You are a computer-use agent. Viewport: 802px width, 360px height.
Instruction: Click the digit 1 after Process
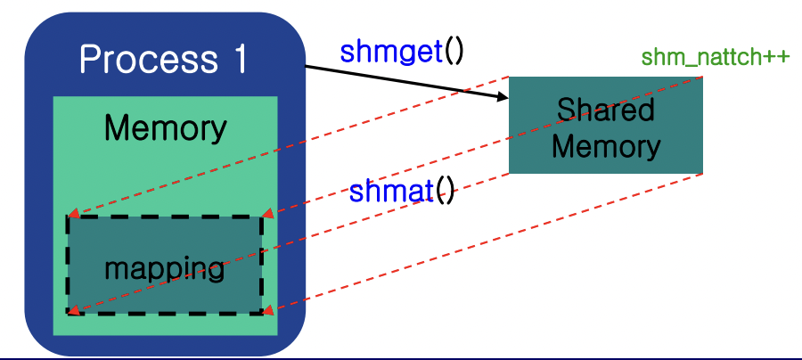tap(234, 61)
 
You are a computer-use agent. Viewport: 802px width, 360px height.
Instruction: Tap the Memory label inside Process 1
tap(165, 128)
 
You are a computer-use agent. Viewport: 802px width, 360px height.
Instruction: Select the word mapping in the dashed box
tap(164, 268)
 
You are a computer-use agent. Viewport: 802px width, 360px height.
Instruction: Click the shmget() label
tap(402, 52)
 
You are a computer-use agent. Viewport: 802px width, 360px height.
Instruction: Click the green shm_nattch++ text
tap(715, 58)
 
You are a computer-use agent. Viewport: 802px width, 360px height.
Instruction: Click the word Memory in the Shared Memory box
tap(606, 146)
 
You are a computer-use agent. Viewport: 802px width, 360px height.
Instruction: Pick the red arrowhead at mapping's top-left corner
tap(73, 214)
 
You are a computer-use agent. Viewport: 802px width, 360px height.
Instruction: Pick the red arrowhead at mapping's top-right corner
tap(268, 214)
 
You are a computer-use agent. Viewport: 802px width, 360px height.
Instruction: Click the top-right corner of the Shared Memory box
tap(702, 78)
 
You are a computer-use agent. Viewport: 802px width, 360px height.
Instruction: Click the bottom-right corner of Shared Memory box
tap(702, 173)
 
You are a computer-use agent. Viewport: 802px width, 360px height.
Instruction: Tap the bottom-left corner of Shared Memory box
tap(510, 173)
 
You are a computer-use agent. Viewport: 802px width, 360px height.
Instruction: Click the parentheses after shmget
tap(454, 52)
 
